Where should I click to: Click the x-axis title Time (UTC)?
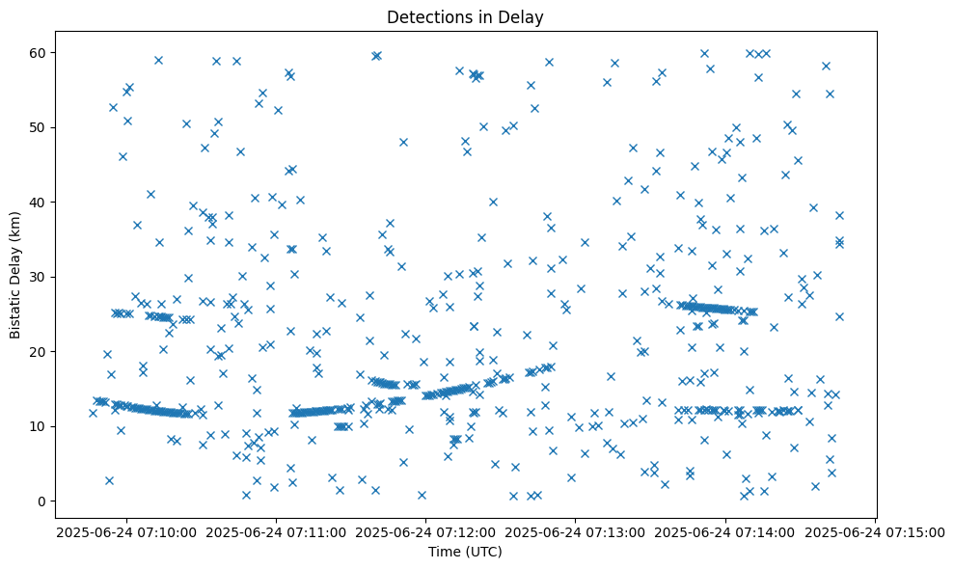pyautogui.click(x=465, y=552)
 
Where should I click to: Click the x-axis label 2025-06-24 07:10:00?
pyautogui.click(x=125, y=531)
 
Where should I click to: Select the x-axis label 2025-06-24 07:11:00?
pyautogui.click(x=275, y=531)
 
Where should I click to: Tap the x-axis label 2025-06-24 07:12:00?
pyautogui.click(x=425, y=531)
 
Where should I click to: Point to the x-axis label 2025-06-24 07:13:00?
pyautogui.click(x=575, y=531)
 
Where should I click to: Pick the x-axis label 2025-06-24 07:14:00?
pyautogui.click(x=725, y=531)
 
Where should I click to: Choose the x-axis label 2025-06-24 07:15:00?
pyautogui.click(x=874, y=531)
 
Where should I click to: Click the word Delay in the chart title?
pyautogui.click(x=521, y=16)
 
